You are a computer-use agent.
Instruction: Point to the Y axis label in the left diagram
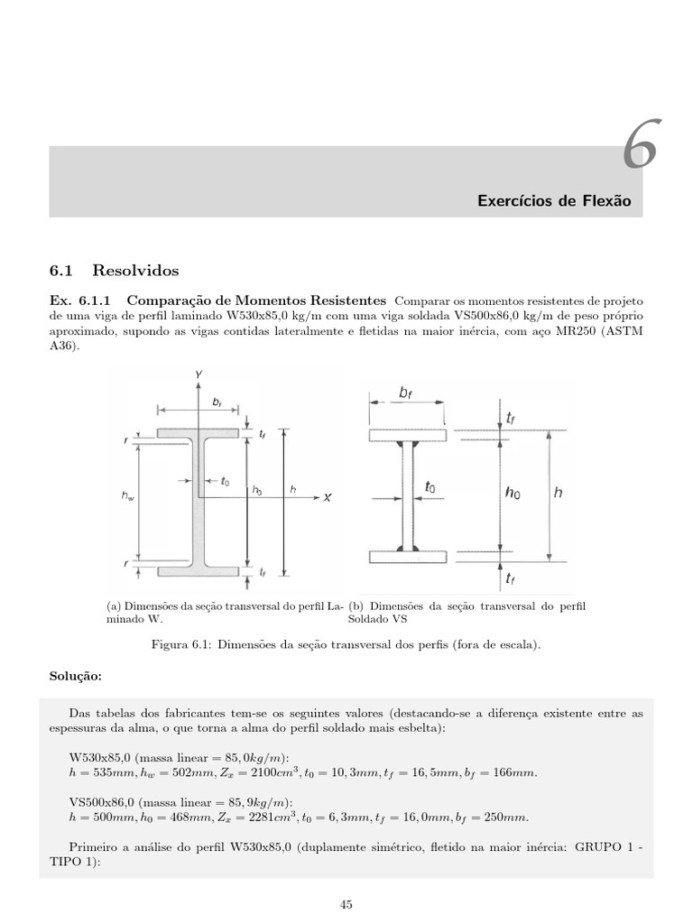coord(197,373)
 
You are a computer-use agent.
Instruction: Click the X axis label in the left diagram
coord(328,496)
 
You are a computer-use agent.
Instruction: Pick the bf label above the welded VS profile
coord(407,393)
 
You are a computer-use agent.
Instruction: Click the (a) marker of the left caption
coord(115,606)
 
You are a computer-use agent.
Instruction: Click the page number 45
coord(346,903)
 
